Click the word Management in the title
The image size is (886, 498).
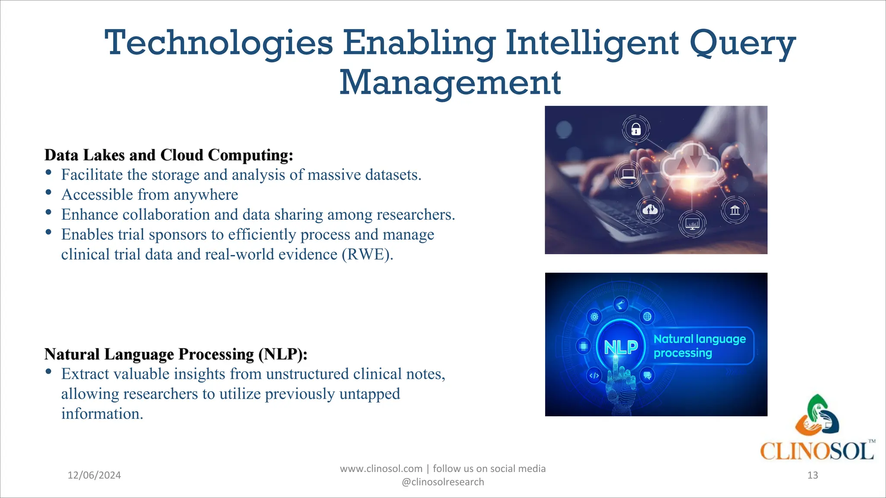(450, 83)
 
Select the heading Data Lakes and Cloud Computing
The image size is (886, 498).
(169, 155)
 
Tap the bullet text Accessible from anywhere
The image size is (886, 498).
(150, 195)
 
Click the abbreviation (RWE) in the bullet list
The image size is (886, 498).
(367, 254)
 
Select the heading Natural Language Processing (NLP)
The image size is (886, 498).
(176, 354)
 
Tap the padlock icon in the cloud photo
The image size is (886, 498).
(636, 129)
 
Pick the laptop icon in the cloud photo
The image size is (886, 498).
(628, 174)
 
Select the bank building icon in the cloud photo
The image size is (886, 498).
(735, 210)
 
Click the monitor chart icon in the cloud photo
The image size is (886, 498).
(692, 224)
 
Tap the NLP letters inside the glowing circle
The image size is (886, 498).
(621, 347)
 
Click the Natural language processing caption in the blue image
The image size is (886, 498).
(700, 346)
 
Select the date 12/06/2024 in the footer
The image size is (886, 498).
(94, 475)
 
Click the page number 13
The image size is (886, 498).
(812, 475)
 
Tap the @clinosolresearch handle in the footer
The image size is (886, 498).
(443, 482)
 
